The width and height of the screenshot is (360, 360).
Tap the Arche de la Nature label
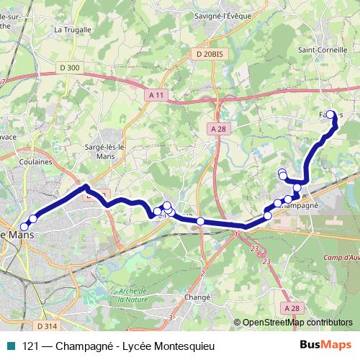pos(132,294)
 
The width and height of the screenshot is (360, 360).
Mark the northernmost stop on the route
pos(330,114)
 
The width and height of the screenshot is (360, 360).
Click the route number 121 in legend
pos(30,345)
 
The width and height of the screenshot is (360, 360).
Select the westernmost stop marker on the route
pos(24,227)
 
